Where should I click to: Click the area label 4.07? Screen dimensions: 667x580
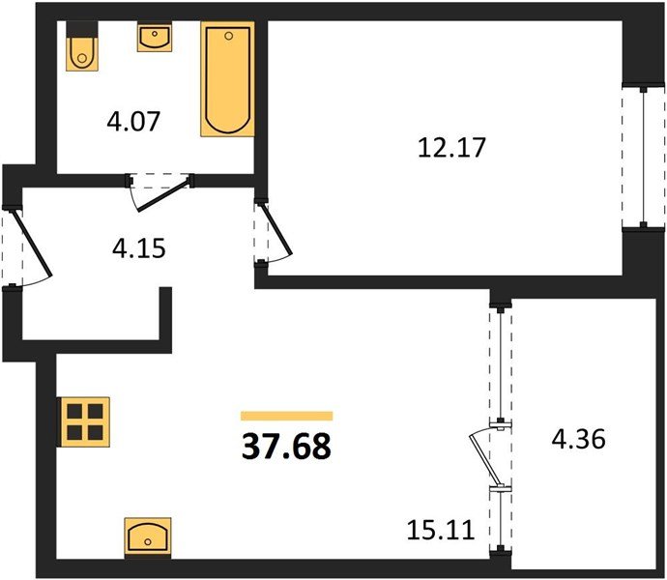pyautogui.click(x=133, y=121)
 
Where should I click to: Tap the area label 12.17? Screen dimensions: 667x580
pyautogui.click(x=451, y=148)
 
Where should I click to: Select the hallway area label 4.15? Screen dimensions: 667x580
pyautogui.click(x=138, y=248)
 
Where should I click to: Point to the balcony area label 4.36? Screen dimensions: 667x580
pyautogui.click(x=578, y=439)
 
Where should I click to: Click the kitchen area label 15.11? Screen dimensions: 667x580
pyautogui.click(x=441, y=530)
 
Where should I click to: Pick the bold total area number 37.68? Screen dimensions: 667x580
pyautogui.click(x=286, y=447)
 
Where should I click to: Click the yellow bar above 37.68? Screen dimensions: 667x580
pyautogui.click(x=287, y=416)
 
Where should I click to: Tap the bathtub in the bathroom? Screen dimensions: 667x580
pyautogui.click(x=227, y=79)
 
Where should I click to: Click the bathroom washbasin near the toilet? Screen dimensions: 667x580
pyautogui.click(x=155, y=38)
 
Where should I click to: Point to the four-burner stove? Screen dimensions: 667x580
pyautogui.click(x=85, y=422)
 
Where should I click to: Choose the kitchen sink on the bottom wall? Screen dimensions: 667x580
pyautogui.click(x=148, y=538)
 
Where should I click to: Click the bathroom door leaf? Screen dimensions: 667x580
pyautogui.click(x=163, y=195)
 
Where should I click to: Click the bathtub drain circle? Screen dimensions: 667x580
pyautogui.click(x=229, y=36)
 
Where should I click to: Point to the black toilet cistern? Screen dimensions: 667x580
pyautogui.click(x=82, y=29)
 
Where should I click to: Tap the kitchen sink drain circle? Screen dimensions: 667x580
pyautogui.click(x=148, y=541)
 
